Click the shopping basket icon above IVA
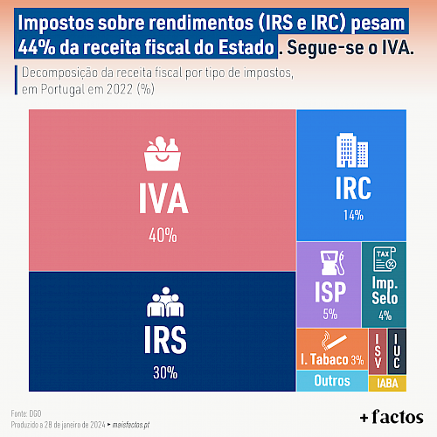pos(163,154)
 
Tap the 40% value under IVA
pos(163,235)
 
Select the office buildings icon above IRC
pos(352,150)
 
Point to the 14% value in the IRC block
pos(353,215)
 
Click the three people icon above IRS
pos(165,302)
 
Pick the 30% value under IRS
pos(165,372)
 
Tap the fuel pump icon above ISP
pos(332,263)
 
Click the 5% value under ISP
pos(330,314)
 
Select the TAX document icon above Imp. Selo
pos(385,259)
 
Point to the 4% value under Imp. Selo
pos(385,316)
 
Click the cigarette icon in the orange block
pos(334,340)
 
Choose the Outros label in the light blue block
pos(332,381)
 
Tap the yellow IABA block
pos(387,384)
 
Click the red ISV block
pos(378,351)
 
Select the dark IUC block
pos(397,351)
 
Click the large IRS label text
pos(165,340)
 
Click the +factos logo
pos(392,417)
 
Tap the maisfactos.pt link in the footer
pos(131,425)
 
